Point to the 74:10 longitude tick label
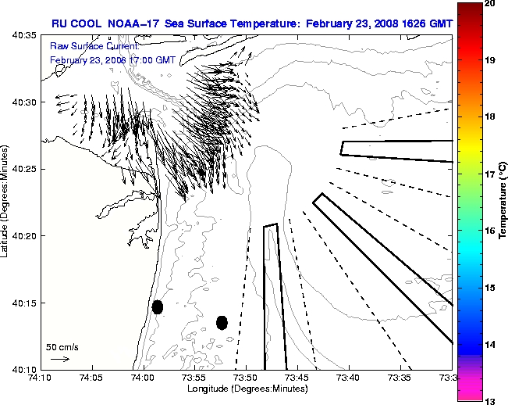point(41,378)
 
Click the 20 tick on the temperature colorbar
point(490,4)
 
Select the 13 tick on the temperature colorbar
point(490,400)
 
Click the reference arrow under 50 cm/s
point(60,359)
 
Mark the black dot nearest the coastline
point(158,306)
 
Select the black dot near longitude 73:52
point(222,322)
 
